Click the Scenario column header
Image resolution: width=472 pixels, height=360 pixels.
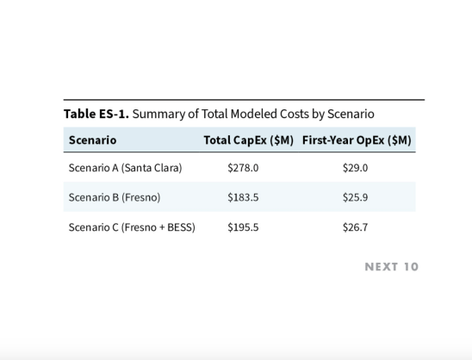coord(92,140)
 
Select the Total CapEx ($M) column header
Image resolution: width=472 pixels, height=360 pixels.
coord(248,140)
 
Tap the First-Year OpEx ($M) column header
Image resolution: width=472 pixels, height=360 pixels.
coord(357,140)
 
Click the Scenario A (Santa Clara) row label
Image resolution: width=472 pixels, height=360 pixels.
coord(125,168)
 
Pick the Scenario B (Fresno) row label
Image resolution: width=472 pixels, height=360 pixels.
coord(114,197)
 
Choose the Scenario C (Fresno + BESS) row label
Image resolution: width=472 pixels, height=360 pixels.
coord(132,227)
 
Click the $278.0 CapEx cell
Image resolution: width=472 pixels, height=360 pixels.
coord(243,168)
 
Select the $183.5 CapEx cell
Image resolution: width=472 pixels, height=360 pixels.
coord(243,197)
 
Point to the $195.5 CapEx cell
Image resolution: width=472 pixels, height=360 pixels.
coord(243,227)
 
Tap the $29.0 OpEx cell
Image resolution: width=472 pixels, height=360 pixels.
coord(355,168)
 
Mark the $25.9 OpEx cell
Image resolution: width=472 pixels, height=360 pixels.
coord(355,197)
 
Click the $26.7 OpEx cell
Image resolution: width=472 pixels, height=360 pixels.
coord(355,227)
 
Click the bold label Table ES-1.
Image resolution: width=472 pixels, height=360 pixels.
coord(96,114)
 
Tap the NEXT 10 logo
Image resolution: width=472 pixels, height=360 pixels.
coord(391,267)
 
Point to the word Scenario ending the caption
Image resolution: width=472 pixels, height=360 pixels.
coord(350,114)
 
